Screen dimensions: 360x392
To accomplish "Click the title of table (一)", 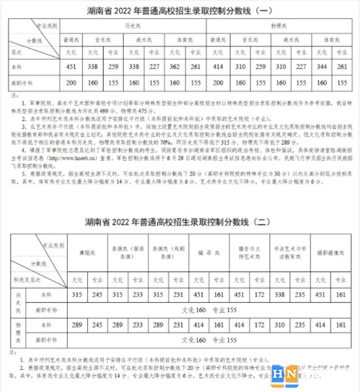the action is tap(180, 10).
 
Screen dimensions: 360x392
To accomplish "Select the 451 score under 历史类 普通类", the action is tap(72, 66).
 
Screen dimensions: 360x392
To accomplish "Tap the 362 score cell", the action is tap(173, 66).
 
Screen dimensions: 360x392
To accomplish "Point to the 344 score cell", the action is tap(318, 66).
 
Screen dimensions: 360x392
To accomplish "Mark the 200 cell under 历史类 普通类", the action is tap(72, 83).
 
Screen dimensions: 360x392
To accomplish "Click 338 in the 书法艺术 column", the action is tap(279, 294).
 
